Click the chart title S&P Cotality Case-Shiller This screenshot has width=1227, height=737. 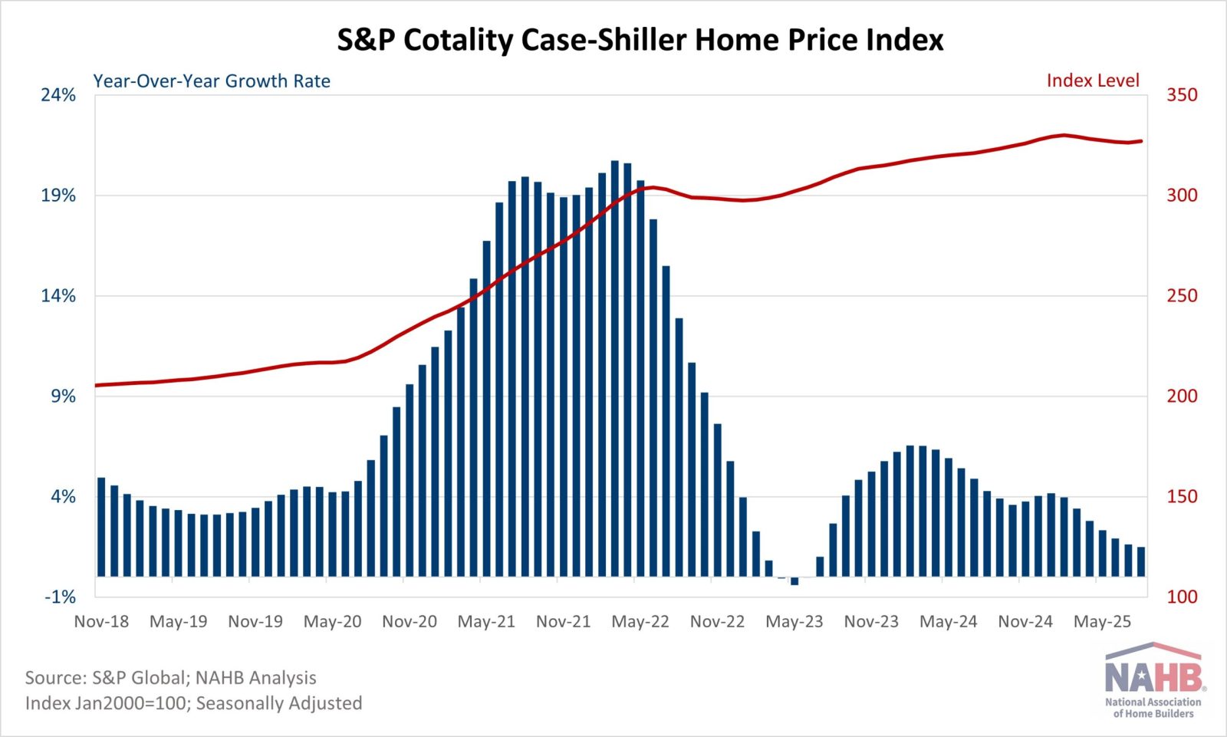point(640,40)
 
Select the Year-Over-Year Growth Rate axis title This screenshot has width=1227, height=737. point(212,81)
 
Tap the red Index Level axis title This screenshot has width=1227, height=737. point(1093,81)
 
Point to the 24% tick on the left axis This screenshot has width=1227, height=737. point(58,95)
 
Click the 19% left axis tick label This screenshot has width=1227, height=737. point(58,196)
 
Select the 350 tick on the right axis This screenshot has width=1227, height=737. point(1182,95)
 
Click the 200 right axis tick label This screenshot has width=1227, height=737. point(1182,396)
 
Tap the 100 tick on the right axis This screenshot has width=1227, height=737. point(1182,597)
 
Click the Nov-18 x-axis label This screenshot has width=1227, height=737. point(101,621)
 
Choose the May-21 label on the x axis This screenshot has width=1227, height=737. point(486,621)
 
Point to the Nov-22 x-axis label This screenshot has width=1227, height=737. point(717,621)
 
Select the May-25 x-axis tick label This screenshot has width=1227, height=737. point(1102,621)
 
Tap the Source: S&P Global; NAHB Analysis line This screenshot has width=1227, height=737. point(171,678)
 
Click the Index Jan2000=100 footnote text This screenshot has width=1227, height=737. point(193,703)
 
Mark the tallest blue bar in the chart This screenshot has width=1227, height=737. point(615,368)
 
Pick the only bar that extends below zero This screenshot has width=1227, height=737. point(794,581)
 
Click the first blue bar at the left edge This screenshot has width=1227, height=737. point(101,527)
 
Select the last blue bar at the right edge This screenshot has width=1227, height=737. point(1141,561)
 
